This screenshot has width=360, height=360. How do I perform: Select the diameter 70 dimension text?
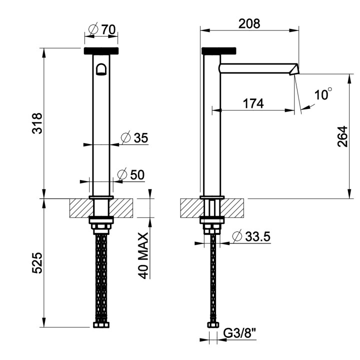pyautogui.click(x=102, y=29)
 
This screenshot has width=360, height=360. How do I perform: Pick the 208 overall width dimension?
pyautogui.click(x=249, y=23)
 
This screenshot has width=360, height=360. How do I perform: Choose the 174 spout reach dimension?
pyautogui.click(x=253, y=104)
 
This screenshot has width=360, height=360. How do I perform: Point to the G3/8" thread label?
pyautogui.click(x=239, y=332)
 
